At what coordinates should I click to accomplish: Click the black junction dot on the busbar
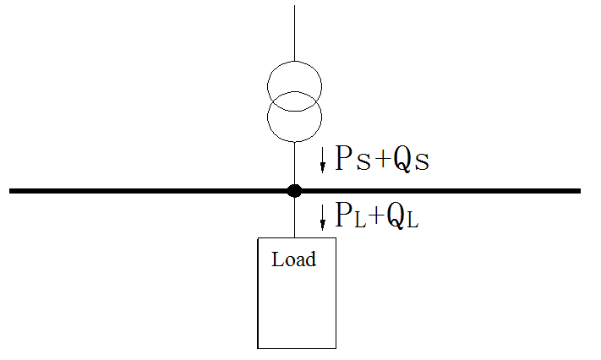click(x=294, y=190)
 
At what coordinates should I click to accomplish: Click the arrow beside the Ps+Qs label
click(x=322, y=159)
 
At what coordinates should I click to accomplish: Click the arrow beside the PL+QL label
click(x=322, y=220)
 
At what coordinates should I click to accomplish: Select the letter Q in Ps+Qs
click(x=402, y=160)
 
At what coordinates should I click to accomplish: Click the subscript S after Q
click(x=421, y=162)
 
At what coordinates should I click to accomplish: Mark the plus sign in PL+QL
click(x=376, y=219)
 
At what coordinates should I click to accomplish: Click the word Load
click(x=293, y=259)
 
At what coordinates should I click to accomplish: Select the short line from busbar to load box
click(x=294, y=217)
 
